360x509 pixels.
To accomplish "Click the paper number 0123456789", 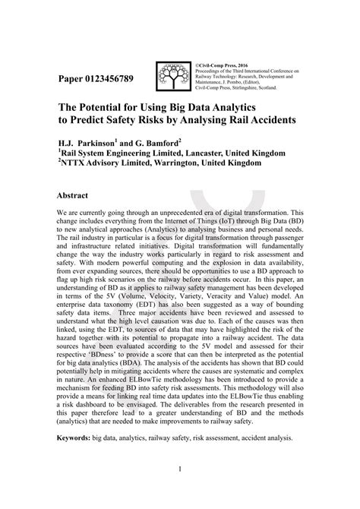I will click(112, 78).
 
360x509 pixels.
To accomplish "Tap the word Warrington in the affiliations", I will click(177, 163).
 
